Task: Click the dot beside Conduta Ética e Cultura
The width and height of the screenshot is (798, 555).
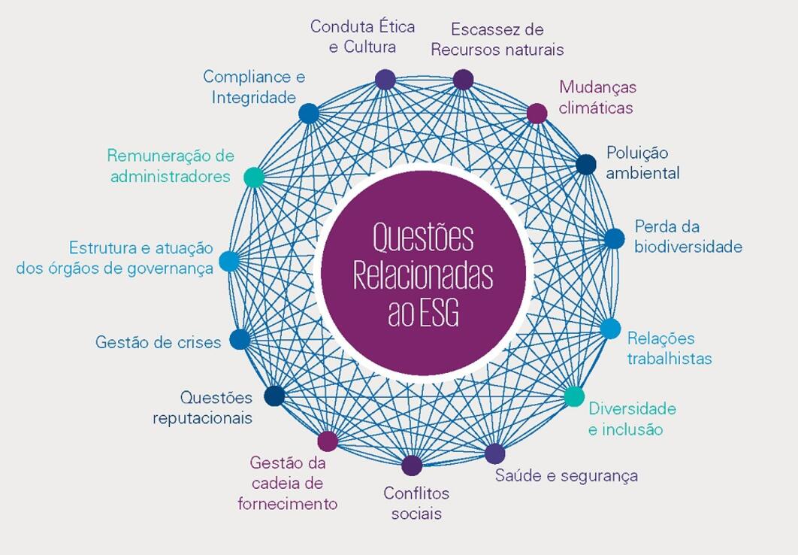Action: coord(385,79)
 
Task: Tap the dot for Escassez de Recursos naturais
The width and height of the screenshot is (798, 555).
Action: coord(463,79)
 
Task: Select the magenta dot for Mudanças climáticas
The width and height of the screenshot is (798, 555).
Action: coord(537,113)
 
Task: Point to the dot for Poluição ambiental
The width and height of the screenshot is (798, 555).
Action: coord(586,163)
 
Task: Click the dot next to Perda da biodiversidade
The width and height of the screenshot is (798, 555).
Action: coord(615,238)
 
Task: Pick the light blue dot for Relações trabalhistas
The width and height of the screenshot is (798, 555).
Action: coord(610,329)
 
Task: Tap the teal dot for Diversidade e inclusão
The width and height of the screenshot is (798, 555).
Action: coord(573,396)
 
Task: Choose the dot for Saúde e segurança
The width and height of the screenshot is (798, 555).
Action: coord(494,453)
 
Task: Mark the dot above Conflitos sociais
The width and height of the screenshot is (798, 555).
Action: coord(412,466)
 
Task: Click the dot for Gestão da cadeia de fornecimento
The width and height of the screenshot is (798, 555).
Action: coord(328,441)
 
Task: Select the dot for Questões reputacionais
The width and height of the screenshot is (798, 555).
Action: coord(274,396)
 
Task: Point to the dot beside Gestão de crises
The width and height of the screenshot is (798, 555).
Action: coord(239,339)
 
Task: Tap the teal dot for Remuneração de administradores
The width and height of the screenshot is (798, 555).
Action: coord(254,177)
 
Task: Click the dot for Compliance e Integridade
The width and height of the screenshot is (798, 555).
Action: coord(309,114)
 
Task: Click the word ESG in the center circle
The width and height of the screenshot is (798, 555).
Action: coord(439,313)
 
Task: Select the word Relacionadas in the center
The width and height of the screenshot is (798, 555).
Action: coord(423,276)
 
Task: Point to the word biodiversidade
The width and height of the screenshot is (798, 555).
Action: coord(688,247)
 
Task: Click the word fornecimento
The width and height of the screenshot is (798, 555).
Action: coord(288,504)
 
